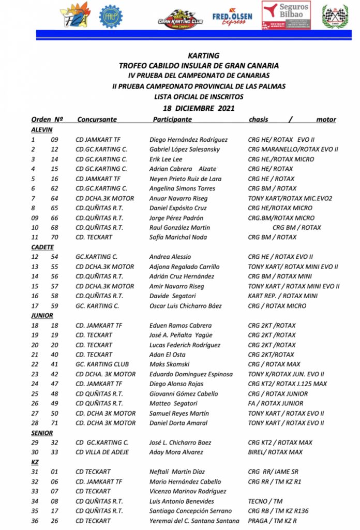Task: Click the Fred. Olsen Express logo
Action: [232, 18]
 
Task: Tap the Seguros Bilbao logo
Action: [286, 15]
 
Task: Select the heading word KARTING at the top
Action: [204, 56]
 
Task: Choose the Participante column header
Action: [172, 120]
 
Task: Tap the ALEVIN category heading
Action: [41, 130]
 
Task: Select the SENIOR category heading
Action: [42, 433]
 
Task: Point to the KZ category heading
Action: [35, 462]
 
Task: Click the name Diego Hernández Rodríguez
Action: [188, 140]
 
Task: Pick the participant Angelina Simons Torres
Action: [182, 188]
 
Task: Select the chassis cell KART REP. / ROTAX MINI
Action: [282, 296]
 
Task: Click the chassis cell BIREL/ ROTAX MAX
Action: [275, 452]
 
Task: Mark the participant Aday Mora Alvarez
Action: [176, 452]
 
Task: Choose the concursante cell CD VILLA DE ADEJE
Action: [102, 452]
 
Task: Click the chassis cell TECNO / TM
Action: [265, 501]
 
